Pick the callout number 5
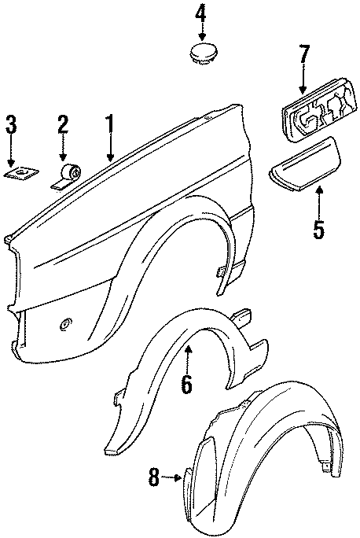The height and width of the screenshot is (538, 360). coord(318,230)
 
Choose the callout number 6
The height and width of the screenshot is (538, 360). coord(187,384)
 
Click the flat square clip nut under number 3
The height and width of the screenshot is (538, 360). coord(21,172)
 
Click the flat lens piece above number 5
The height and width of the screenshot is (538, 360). coord(304,164)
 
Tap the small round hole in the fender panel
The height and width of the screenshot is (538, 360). coord(65,323)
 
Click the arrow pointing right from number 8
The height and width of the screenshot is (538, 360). coord(171,477)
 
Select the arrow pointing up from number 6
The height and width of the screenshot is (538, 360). coord(188,359)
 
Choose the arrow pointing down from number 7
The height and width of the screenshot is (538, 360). coord(303,79)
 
